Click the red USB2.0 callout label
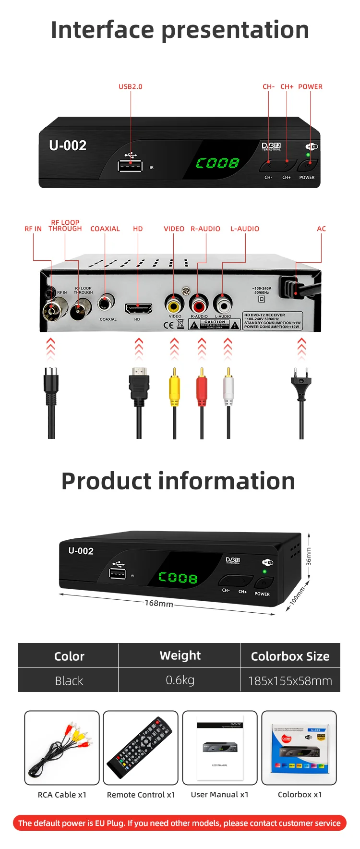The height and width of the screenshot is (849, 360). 131,87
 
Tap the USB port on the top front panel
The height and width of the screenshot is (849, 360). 130,166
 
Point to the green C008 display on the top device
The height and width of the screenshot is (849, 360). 217,163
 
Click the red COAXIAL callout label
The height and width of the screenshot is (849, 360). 105,229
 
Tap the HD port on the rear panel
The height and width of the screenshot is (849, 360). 138,308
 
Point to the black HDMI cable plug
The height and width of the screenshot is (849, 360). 139,386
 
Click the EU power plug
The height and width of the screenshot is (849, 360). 301,384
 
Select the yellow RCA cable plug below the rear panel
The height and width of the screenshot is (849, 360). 174,389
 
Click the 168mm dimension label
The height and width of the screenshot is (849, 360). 159,603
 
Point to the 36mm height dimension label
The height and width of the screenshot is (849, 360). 309,556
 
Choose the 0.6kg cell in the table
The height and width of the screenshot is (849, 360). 180,680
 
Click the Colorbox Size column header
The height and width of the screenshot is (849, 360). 290,656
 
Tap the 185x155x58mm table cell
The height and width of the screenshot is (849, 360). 290,681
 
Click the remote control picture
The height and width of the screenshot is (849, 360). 141,747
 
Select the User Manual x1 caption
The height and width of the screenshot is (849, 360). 220,795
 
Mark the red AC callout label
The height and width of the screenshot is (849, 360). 321,229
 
